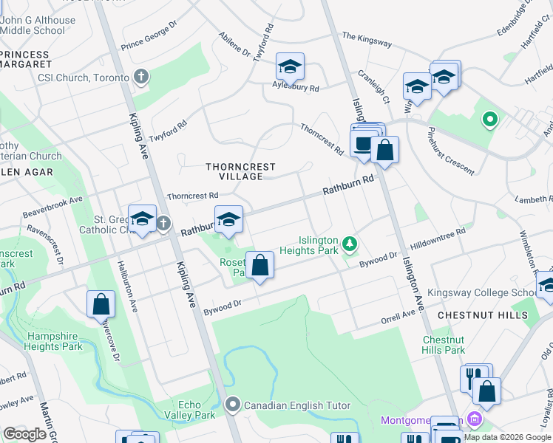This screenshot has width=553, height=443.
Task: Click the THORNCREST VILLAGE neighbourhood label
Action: click(234, 171)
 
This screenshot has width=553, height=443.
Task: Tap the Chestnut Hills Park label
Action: click(444, 345)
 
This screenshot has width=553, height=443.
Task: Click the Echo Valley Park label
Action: click(196, 410)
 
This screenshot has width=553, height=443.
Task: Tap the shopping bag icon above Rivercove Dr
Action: click(101, 304)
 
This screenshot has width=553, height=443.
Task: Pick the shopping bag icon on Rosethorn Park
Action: click(259, 265)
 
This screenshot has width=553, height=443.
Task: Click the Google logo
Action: click(24, 434)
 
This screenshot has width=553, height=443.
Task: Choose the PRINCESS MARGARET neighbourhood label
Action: click(25, 59)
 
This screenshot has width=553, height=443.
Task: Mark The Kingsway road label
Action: click(367, 40)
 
